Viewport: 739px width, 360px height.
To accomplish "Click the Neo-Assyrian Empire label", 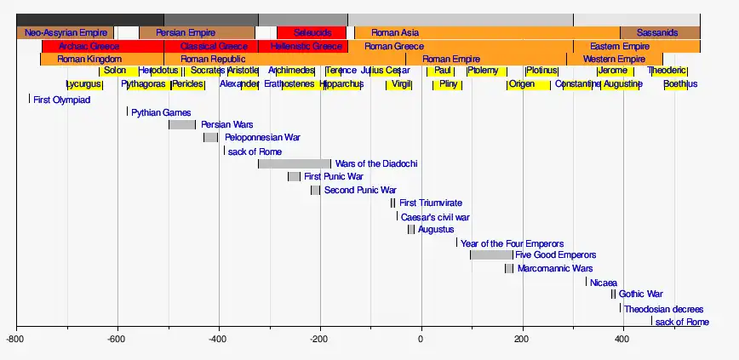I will (x=66, y=33).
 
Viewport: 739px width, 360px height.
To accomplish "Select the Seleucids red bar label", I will (x=312, y=33).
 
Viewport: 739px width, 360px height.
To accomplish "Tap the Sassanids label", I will (x=657, y=33).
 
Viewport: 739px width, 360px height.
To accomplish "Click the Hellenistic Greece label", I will (x=306, y=46).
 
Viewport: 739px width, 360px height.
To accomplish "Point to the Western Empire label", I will (x=614, y=60).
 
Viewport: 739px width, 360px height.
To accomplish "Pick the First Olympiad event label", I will (x=61, y=100).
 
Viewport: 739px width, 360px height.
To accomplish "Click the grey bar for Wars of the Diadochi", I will (x=295, y=163).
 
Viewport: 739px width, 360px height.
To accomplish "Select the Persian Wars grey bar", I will (x=182, y=124).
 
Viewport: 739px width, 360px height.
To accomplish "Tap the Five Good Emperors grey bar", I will (x=491, y=254).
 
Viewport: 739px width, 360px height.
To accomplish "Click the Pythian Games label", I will (x=161, y=112).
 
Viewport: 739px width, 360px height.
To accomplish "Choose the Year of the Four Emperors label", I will (x=512, y=243).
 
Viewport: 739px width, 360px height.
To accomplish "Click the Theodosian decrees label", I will (x=664, y=309).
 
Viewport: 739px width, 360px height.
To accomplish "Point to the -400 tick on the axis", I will (x=219, y=339).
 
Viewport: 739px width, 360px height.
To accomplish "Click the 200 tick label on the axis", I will (x=522, y=339).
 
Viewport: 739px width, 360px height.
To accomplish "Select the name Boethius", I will (x=680, y=84).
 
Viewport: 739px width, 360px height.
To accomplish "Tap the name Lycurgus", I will (x=83, y=84).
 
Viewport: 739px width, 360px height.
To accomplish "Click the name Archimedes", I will (x=291, y=71).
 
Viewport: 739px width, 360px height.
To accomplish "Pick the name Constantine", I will (x=577, y=84).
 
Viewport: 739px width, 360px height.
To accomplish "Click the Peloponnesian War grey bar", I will (x=211, y=137).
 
